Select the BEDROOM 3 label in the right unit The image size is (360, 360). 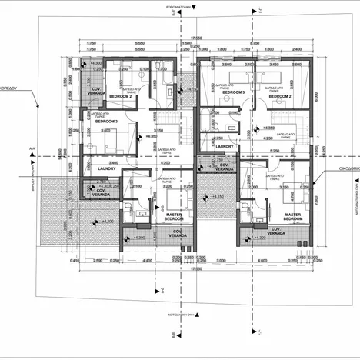(233, 92)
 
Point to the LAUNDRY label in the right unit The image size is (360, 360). (225, 145)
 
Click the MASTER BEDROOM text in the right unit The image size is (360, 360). (292, 217)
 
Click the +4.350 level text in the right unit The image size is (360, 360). (269, 127)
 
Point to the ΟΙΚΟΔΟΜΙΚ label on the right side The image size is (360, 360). (344, 173)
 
